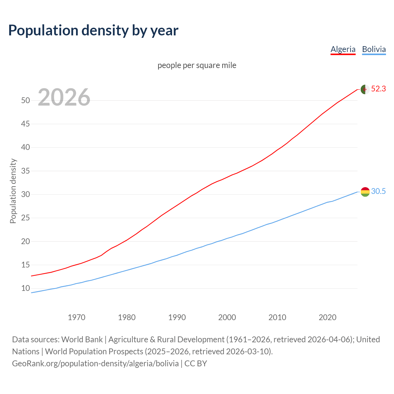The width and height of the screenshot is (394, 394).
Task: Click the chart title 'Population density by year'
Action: coord(93,30)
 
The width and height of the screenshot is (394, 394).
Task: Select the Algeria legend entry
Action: coord(343,49)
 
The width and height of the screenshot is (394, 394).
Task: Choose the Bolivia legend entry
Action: coord(374,49)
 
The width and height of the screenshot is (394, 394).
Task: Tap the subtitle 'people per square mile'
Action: coord(197,66)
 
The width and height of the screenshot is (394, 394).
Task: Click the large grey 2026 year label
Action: coord(64,97)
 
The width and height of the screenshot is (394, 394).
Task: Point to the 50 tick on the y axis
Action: coord(26,101)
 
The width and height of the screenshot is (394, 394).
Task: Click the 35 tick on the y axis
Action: coord(26,171)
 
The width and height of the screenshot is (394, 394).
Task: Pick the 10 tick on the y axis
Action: coord(26,288)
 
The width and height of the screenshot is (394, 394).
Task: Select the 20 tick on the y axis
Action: coord(26,242)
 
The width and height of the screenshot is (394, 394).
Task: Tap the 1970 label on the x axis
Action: coord(76,317)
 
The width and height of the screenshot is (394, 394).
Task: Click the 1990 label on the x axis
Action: coord(177,317)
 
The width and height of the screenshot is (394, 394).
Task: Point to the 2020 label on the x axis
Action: coord(328,317)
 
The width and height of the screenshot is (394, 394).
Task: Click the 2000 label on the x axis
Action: coord(227,317)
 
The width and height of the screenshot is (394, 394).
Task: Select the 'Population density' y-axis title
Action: coord(13,191)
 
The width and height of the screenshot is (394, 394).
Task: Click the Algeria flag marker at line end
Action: coord(365,89)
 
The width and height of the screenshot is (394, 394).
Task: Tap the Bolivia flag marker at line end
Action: coord(365,192)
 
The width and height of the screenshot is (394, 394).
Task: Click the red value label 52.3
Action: coord(378,89)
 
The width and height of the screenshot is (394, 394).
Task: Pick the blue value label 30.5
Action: coord(378,191)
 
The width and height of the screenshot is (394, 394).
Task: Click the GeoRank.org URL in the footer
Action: coord(95,364)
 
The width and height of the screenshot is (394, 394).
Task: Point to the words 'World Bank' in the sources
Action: coord(82,340)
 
